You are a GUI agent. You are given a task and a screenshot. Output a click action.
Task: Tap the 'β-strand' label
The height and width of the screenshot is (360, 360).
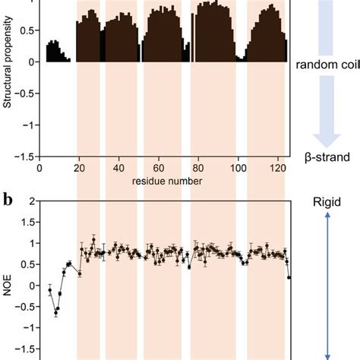329,158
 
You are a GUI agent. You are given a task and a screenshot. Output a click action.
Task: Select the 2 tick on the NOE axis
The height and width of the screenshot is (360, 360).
31,201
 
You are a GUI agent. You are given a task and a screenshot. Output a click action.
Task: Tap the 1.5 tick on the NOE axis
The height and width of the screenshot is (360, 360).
27,223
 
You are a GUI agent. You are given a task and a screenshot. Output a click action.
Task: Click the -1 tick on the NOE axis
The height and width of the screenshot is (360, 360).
29,328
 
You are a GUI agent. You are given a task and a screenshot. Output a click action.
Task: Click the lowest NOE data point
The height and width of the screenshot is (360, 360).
56,313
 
